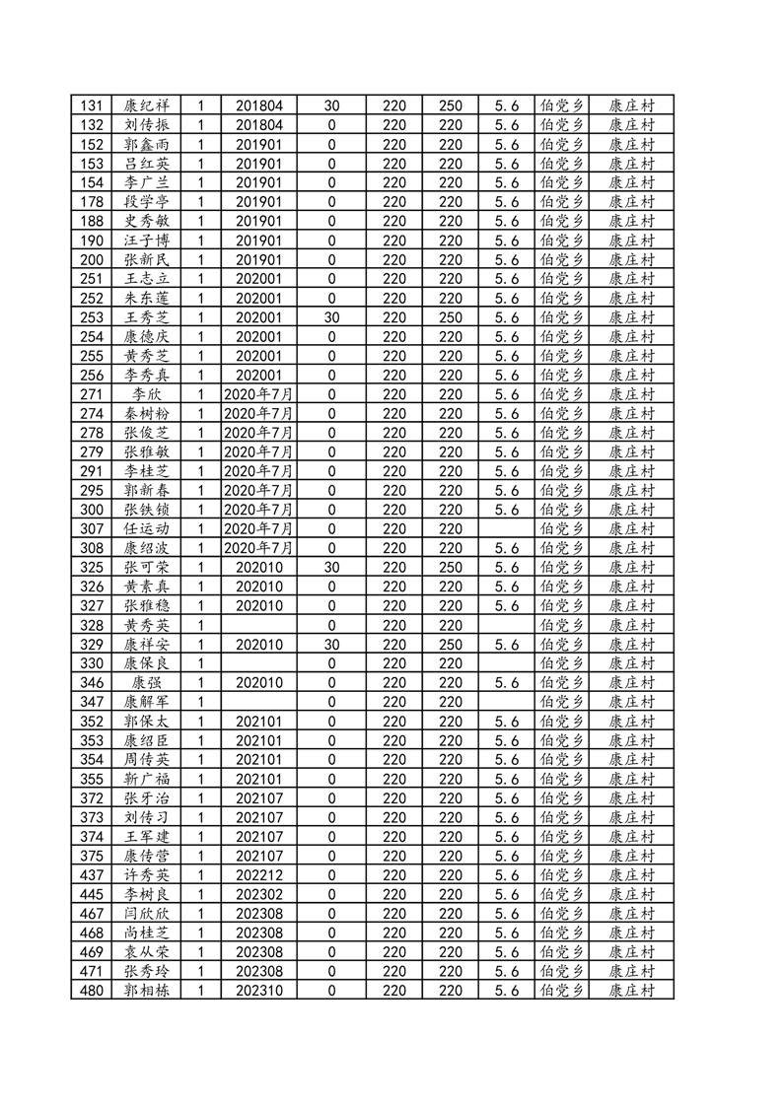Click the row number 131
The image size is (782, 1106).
(91, 105)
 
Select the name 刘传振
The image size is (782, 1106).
(147, 125)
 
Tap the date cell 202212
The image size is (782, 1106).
(259, 875)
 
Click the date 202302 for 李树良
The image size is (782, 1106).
(259, 895)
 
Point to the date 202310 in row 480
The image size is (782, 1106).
(259, 991)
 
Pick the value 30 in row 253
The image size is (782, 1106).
(331, 317)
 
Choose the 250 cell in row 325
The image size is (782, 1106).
(450, 568)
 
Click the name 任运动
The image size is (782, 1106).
(147, 529)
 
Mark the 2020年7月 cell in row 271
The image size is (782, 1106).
(259, 394)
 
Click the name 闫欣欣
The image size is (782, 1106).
(147, 914)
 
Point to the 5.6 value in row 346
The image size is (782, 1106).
(506, 683)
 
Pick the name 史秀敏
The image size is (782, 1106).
(147, 221)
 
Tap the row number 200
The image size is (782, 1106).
(91, 259)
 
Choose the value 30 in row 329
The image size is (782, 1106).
(331, 645)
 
